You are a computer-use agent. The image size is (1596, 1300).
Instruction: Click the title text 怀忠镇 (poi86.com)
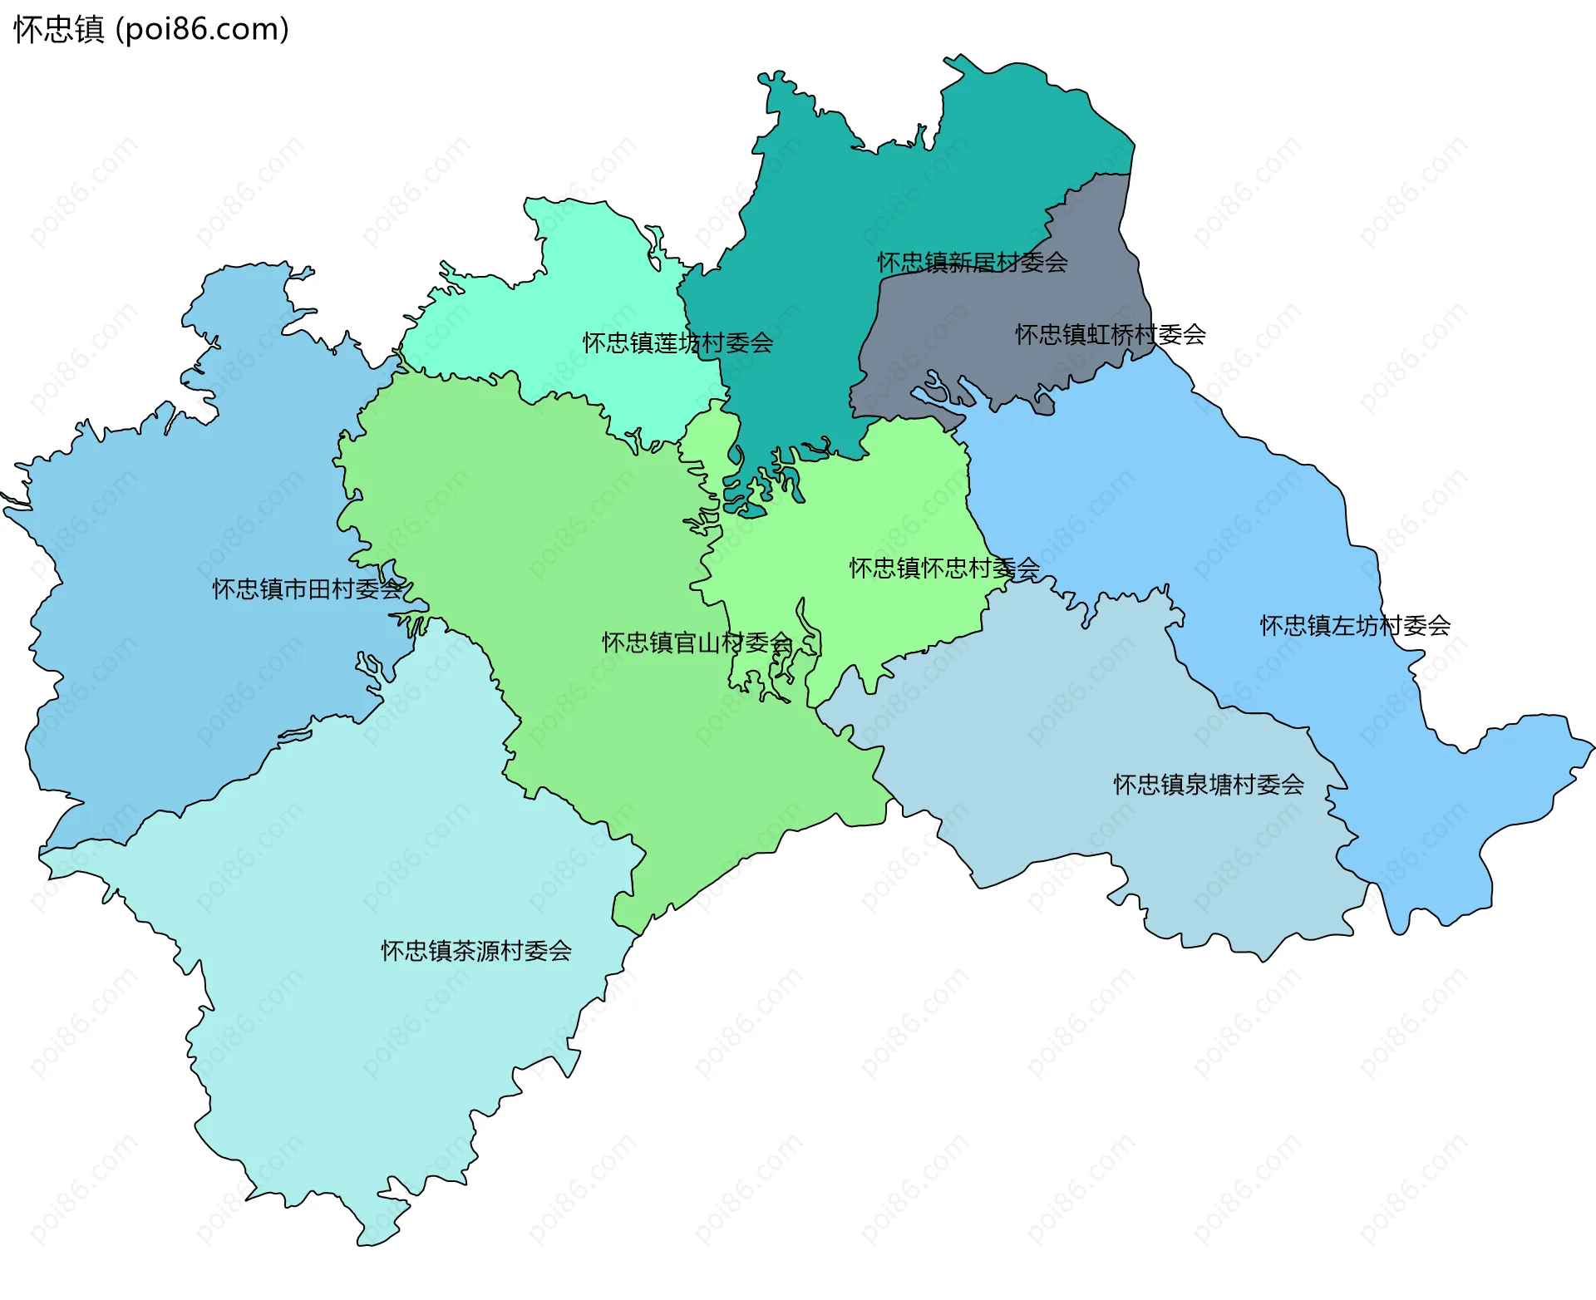coord(150,29)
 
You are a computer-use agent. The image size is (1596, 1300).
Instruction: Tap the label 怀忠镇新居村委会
coord(972,263)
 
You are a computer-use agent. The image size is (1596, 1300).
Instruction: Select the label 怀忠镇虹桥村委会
coord(1110,335)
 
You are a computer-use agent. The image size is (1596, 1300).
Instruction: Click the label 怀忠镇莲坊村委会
coord(677,342)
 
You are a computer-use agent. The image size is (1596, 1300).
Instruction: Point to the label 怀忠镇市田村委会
coord(308,589)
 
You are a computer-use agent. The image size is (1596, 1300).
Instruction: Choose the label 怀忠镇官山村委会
coord(697,643)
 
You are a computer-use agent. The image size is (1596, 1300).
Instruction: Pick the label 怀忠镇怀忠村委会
coord(944,569)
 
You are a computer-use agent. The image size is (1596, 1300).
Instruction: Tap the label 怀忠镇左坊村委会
coord(1355,626)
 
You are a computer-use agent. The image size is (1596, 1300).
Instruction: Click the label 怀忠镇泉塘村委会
coord(1209,785)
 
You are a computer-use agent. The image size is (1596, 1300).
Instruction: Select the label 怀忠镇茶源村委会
coord(476,951)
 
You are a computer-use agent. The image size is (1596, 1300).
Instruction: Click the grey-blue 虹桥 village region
coord(997,366)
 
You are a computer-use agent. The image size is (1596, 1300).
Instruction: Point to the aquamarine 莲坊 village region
coord(582,283)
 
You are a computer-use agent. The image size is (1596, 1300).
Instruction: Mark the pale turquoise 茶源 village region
coord(374,873)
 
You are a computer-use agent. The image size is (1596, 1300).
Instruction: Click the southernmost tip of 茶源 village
coord(366,1243)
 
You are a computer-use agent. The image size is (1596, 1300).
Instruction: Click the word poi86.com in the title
coord(202,29)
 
